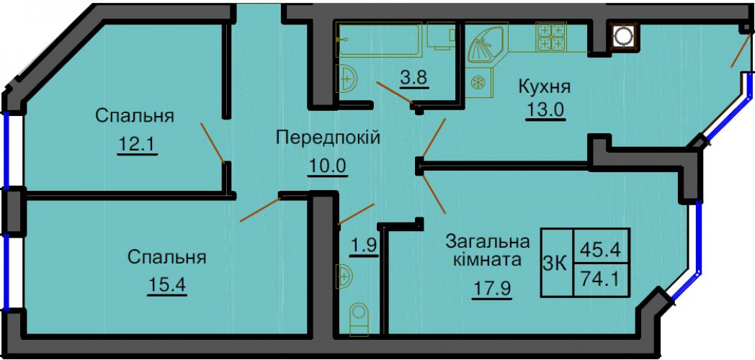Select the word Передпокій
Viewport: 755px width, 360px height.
[328, 137]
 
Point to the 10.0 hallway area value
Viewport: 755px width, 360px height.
[328, 166]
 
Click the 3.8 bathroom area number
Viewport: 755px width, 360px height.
[414, 77]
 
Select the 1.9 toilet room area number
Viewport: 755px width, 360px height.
[365, 245]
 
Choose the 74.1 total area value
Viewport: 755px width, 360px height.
[601, 278]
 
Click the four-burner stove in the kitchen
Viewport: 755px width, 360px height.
[553, 37]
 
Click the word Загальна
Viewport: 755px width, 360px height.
[487, 240]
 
